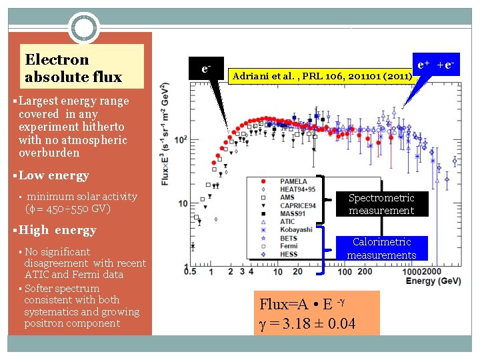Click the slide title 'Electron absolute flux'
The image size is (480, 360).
(73, 68)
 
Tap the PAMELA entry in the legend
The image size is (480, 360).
(293, 181)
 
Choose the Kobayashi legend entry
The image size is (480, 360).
(296, 230)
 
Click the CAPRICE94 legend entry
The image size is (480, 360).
(297, 205)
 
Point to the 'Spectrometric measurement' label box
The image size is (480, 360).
(381, 204)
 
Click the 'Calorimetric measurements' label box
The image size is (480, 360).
(381, 248)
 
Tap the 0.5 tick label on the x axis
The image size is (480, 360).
(193, 271)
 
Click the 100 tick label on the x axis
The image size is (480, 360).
(345, 272)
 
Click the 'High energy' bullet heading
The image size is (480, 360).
(57, 230)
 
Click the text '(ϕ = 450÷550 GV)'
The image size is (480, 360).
(67, 208)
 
